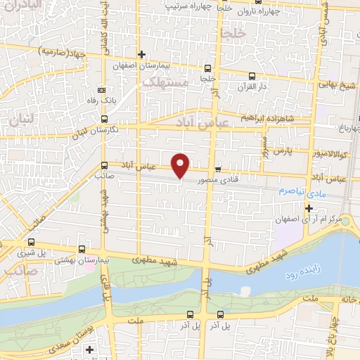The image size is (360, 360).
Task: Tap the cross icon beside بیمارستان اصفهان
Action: click(141, 54)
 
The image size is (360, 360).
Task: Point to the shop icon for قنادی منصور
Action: click(218, 169)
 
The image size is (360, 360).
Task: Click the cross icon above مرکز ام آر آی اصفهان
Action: click(309, 208)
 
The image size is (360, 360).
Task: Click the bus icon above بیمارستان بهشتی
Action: click(83, 249)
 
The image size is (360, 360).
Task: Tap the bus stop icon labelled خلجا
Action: click(207, 68)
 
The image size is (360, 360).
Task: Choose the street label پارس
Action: click(283, 150)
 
